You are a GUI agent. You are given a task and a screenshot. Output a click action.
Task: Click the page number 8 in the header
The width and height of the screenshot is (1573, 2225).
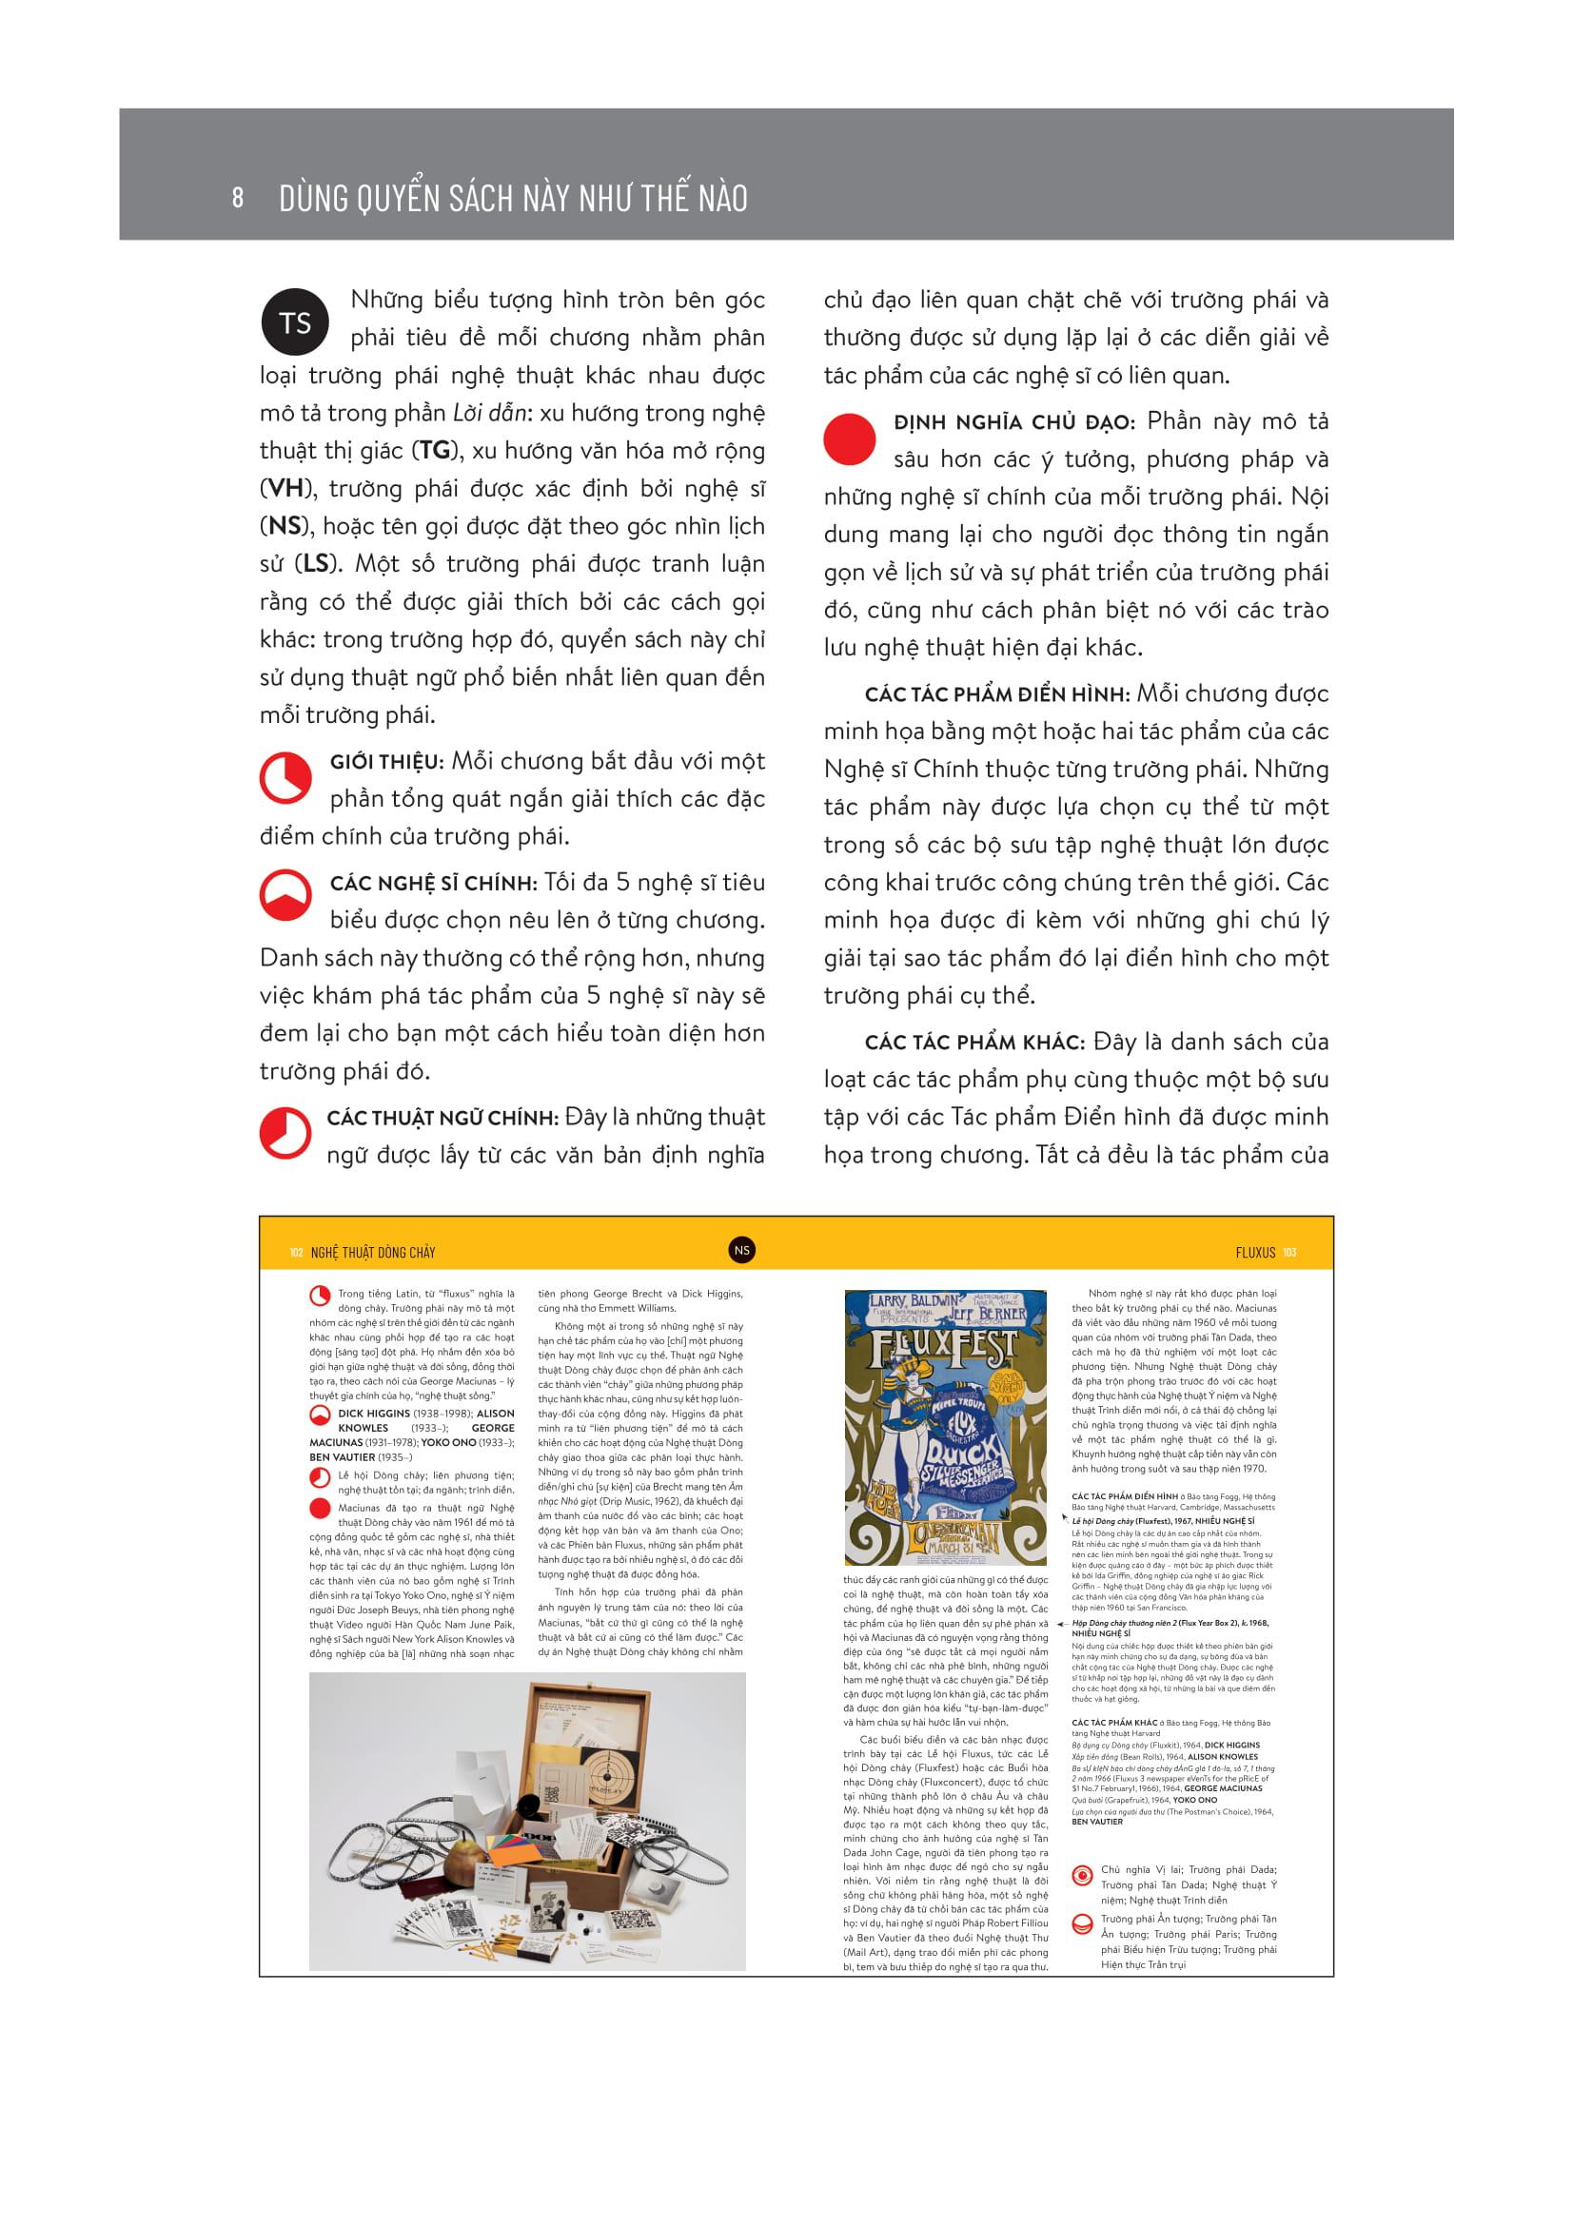[238, 199]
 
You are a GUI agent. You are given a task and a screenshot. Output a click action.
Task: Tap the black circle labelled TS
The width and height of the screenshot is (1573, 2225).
[295, 322]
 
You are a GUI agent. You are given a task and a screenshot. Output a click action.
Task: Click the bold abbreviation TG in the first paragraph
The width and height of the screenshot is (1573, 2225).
[434, 452]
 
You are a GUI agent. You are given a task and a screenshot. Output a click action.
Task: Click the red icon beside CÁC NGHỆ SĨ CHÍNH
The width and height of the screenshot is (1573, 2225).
[284, 896]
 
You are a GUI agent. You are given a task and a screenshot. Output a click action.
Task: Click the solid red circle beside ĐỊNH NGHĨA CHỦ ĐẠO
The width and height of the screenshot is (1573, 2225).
[849, 438]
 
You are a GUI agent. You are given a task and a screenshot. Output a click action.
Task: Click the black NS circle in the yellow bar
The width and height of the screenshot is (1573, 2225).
[742, 1250]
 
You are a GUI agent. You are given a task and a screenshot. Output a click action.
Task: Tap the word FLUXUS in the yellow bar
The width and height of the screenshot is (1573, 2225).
[1255, 1252]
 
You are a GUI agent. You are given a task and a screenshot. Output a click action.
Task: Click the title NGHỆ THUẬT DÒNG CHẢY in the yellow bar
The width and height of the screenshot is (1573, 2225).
[373, 1252]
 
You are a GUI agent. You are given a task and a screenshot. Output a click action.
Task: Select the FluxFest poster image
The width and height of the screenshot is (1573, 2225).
[945, 1427]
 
